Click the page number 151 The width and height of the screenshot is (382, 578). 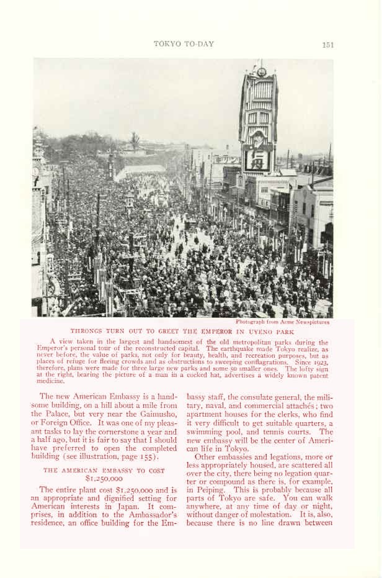point(328,44)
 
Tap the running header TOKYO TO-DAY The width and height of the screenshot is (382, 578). point(184,43)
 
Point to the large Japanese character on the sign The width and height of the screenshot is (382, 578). point(257,160)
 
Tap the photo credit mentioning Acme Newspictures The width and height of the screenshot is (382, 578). point(282,322)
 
